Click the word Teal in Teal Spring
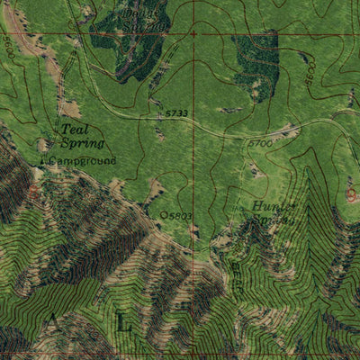(x=75, y=130)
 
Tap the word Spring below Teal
(x=84, y=143)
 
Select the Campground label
(x=83, y=161)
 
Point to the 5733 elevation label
(x=176, y=113)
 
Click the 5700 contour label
(x=259, y=142)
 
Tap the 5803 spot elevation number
(x=180, y=216)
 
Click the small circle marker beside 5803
(x=163, y=215)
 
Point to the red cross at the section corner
(x=193, y=34)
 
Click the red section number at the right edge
(x=351, y=193)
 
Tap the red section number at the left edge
(x=34, y=190)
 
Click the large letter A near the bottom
(x=53, y=320)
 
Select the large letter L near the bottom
(x=123, y=321)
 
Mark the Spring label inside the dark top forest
(x=150, y=25)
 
